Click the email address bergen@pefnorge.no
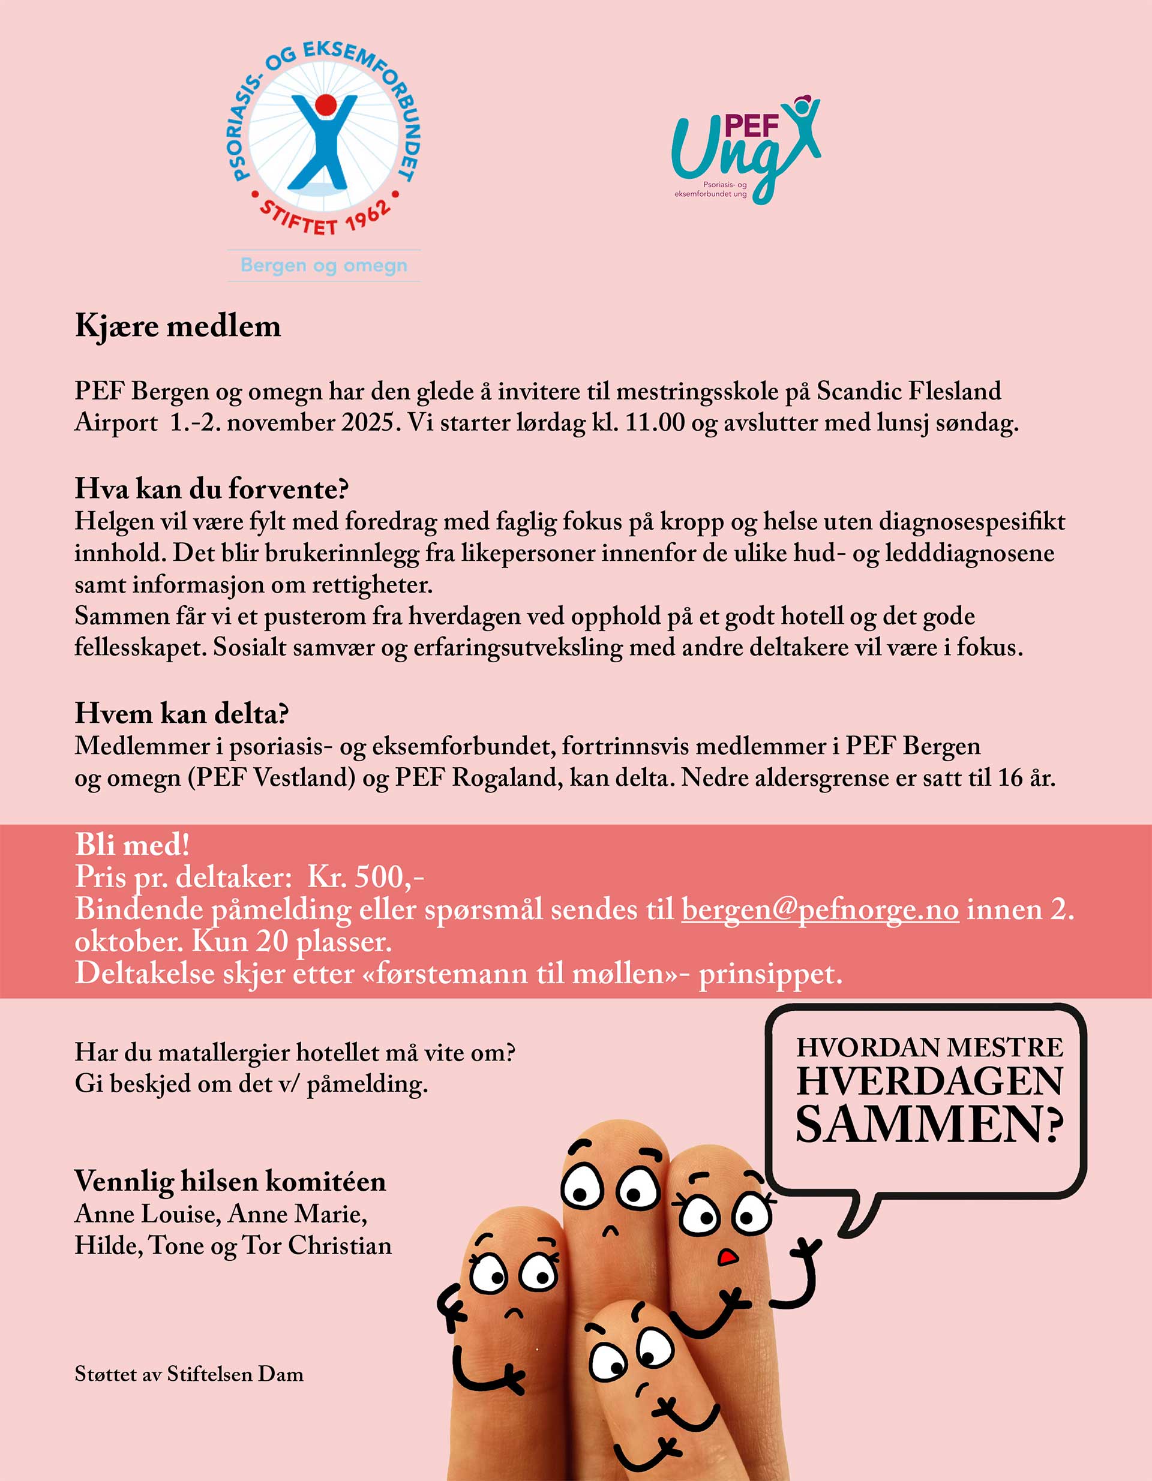pos(820,909)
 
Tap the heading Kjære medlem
pos(178,326)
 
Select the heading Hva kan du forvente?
pos(212,488)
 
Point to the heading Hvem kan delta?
pos(182,713)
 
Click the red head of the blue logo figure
pos(326,104)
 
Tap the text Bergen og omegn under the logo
pos(323,265)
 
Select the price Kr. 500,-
pos(365,877)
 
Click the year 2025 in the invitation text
pos(368,422)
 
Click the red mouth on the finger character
pos(727,1257)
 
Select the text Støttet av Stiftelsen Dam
pos(189,1374)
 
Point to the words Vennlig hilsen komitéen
pos(230,1181)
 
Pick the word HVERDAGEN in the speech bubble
pos(929,1081)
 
